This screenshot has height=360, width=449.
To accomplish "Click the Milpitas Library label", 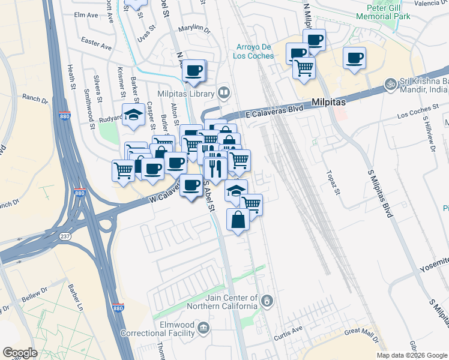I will pos(185,94).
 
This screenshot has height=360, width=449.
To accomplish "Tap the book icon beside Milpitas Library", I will pos(223,93).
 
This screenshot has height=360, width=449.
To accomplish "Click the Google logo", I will pos(20,353).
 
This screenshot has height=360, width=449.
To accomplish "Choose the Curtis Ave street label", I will pos(294,330).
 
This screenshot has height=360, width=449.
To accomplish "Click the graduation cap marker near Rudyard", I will pos(133,115).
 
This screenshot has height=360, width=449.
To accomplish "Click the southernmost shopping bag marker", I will pos(238,219).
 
